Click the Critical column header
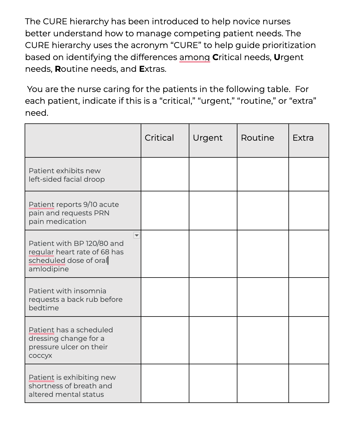tap(159, 138)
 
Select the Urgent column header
tap(208, 138)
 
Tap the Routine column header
tap(257, 138)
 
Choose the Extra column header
tap(303, 138)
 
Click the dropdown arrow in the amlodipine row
tap(137, 235)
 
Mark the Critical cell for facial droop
tap(165, 174)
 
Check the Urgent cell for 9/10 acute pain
tap(213, 210)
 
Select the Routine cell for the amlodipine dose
tap(263, 254)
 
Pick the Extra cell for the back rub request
tap(308, 297)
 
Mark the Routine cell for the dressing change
tap(263, 340)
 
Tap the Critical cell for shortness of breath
tap(165, 383)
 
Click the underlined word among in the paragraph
tap(194, 57)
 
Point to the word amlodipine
tap(49, 269)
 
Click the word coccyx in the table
tap(40, 355)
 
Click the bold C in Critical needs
tap(215, 57)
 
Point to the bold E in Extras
tap(142, 69)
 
